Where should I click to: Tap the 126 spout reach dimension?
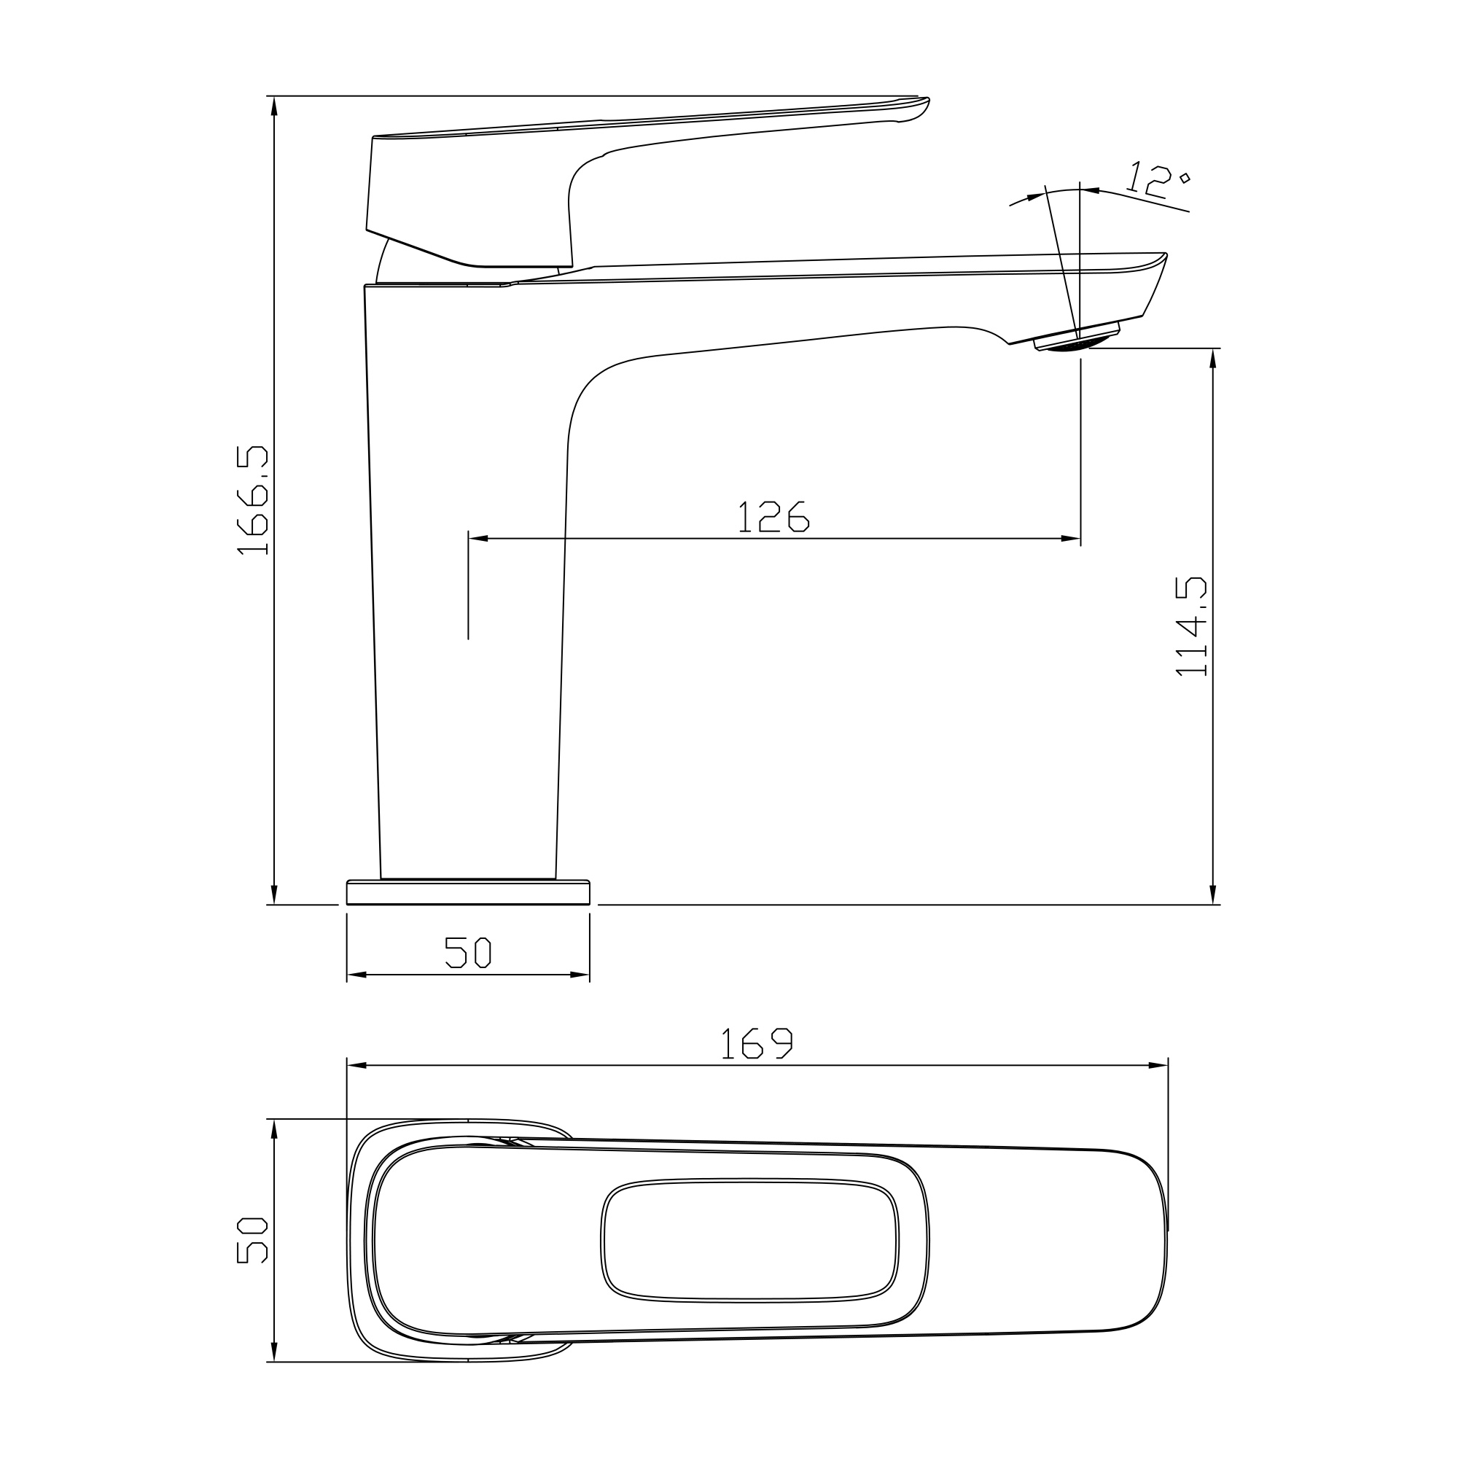(773, 517)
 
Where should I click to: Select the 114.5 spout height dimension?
(1192, 626)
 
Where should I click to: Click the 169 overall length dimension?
(757, 1043)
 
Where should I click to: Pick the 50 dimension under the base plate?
(468, 952)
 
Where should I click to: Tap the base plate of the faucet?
(468, 892)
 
